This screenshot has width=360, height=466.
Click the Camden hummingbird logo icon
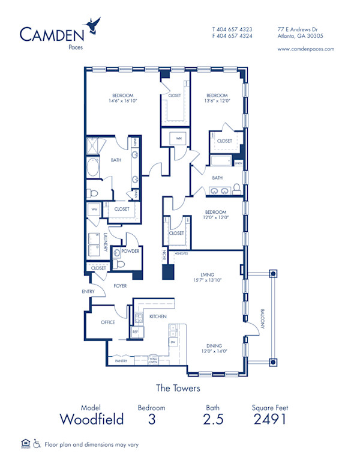pyautogui.click(x=93, y=25)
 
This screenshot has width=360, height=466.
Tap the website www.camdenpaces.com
pyautogui.click(x=306, y=49)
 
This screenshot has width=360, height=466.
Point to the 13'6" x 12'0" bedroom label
pyautogui.click(x=217, y=98)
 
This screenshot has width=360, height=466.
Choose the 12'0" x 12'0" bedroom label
pyautogui.click(x=215, y=215)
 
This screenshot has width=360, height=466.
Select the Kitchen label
pyautogui.click(x=158, y=316)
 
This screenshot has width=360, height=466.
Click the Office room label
pyautogui.click(x=107, y=322)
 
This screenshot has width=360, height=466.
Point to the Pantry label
pyautogui.click(x=121, y=361)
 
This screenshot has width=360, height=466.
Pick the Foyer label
pyautogui.click(x=120, y=286)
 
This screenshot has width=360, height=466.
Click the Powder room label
pyautogui.click(x=130, y=251)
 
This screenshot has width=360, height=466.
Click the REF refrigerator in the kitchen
pyautogui.click(x=134, y=331)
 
